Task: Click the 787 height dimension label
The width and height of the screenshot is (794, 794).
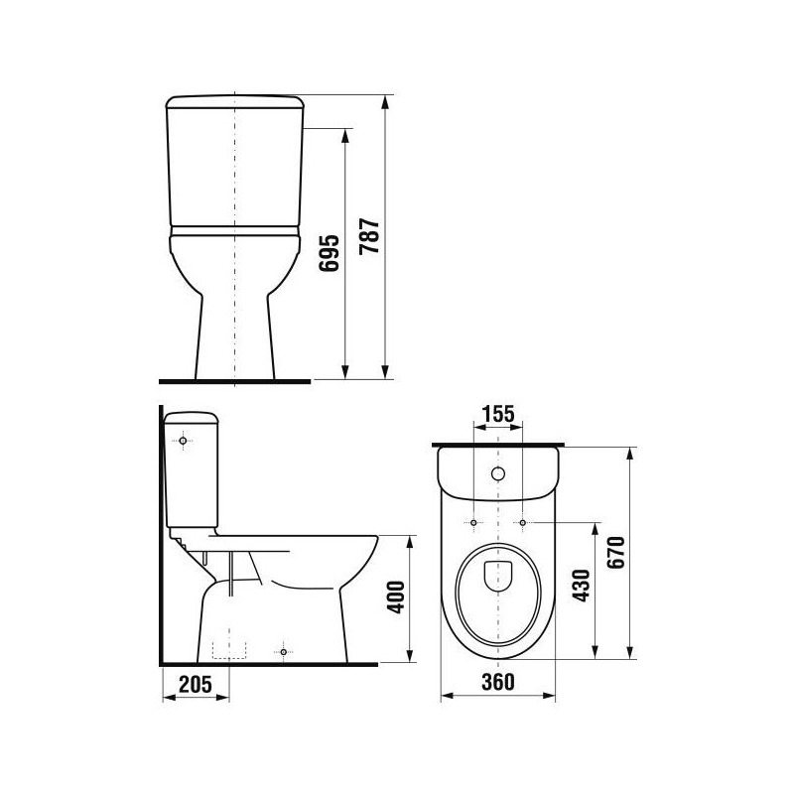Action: pyautogui.click(x=369, y=236)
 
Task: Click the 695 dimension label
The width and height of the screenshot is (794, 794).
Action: pyautogui.click(x=330, y=253)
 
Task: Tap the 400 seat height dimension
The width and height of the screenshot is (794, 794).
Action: pyautogui.click(x=396, y=597)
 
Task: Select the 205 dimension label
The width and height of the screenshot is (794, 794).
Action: pyautogui.click(x=196, y=684)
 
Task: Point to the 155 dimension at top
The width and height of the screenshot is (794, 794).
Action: pyautogui.click(x=498, y=414)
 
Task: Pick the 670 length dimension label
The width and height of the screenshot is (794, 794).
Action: pyautogui.click(x=616, y=552)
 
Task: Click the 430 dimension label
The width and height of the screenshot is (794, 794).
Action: pyautogui.click(x=582, y=586)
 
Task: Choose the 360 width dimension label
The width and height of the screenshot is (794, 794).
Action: pyautogui.click(x=498, y=682)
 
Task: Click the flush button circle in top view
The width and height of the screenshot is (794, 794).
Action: pyautogui.click(x=498, y=474)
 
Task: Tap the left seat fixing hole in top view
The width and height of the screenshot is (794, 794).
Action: pyautogui.click(x=473, y=522)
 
